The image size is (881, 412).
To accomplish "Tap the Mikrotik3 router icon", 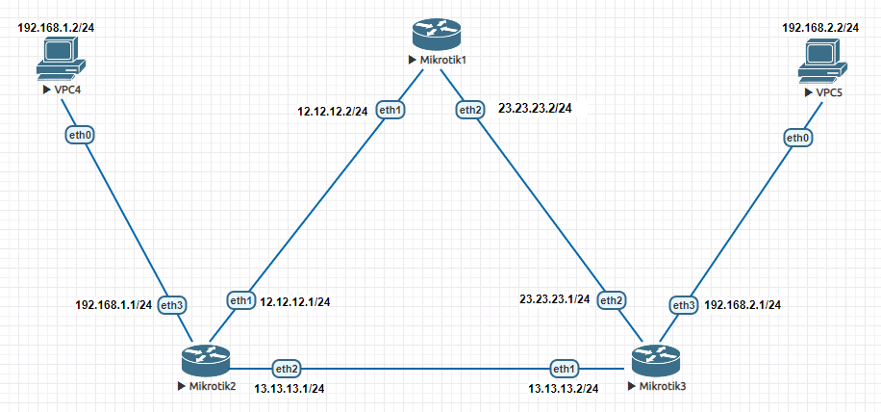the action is click(656, 360).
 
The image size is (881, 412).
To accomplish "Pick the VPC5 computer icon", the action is click(823, 69).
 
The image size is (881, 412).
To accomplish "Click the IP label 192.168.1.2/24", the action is click(57, 27).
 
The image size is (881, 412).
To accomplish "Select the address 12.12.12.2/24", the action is click(333, 112).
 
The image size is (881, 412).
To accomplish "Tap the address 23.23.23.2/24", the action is click(537, 109).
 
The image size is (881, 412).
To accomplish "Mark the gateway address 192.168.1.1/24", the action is click(113, 305).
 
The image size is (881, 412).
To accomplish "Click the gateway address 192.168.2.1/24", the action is click(743, 305).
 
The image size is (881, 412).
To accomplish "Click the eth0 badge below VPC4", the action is click(80, 136).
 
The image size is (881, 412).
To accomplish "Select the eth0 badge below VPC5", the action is click(798, 139).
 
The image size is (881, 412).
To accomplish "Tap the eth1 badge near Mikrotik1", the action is click(390, 109).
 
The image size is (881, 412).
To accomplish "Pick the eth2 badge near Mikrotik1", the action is click(470, 109).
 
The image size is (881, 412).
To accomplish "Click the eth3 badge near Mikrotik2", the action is click(172, 305).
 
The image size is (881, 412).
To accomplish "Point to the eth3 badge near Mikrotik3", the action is click(684, 305).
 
